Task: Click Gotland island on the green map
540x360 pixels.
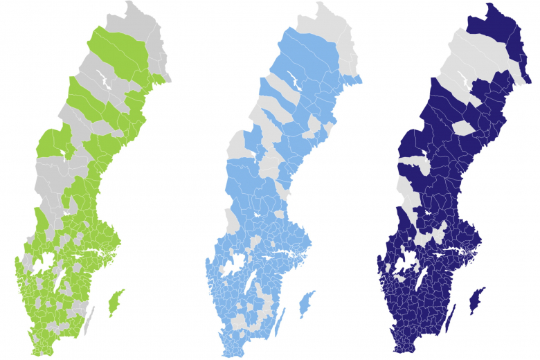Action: [x=116, y=303]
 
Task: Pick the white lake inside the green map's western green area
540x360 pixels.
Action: [x=66, y=152]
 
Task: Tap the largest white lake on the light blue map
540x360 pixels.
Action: [x=234, y=264]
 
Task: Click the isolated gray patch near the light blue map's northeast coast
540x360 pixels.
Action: [x=316, y=126]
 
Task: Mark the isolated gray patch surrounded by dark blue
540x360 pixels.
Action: [x=465, y=127]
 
